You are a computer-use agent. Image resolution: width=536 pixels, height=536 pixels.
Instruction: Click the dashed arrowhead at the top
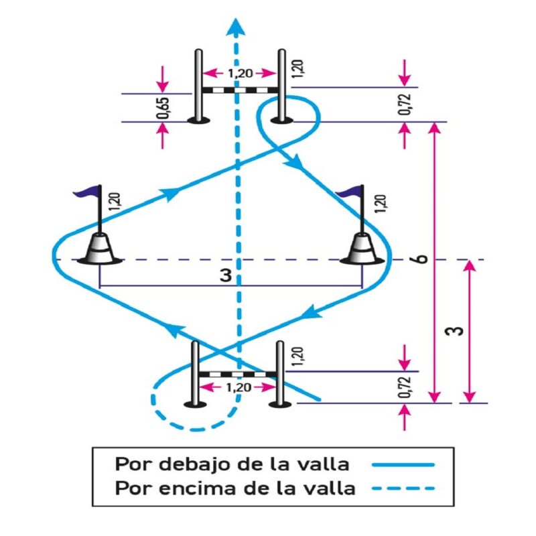pos(234,26)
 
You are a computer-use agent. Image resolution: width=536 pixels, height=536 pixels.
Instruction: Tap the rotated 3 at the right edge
pos(458,332)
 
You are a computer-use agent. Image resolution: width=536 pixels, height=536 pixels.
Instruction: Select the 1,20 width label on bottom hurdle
pos(239,387)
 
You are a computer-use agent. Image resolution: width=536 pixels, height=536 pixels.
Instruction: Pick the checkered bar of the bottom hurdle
pos(239,373)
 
